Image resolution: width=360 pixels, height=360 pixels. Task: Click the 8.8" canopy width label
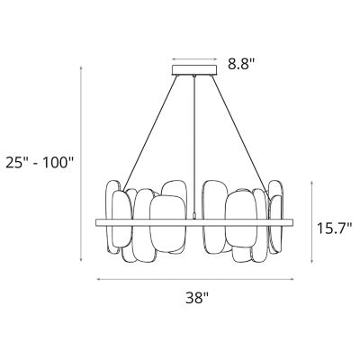click(x=244, y=65)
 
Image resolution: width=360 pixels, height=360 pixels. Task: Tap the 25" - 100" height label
click(x=38, y=163)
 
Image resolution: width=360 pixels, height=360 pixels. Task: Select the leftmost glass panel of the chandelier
click(x=115, y=219)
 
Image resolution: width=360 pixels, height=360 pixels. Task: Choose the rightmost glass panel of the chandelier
click(x=275, y=219)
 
